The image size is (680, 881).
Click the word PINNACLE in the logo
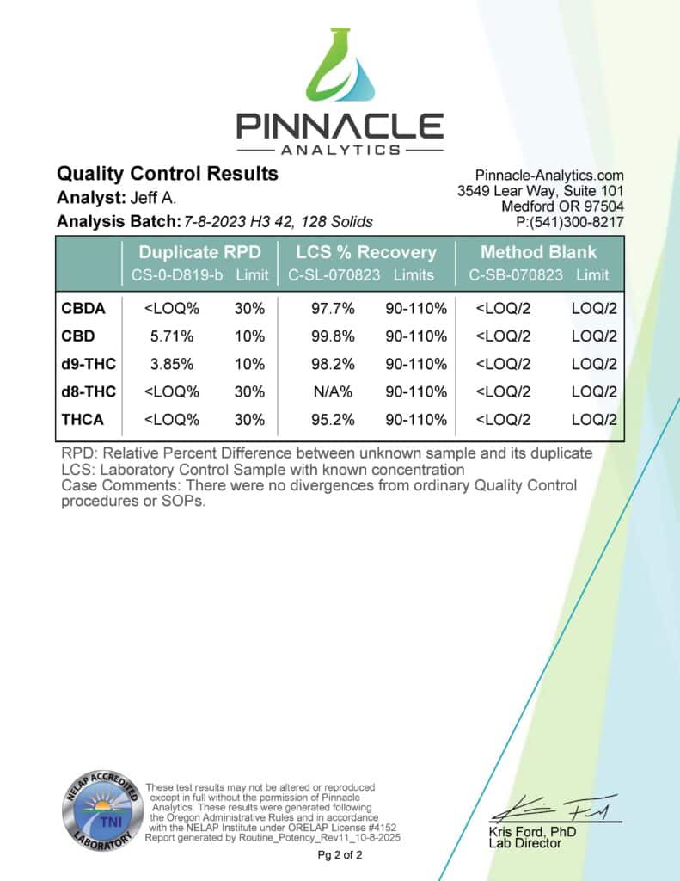pos(340,127)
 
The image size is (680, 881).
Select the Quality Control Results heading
pos(167,174)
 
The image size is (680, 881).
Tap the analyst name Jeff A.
pos(156,198)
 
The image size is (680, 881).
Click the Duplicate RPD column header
pos(199,253)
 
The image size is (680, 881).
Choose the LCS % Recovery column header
pos(366,253)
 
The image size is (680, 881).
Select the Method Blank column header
pos(538,253)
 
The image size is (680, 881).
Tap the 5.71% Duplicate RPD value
pos(162,335)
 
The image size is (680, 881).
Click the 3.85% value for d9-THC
pos(162,363)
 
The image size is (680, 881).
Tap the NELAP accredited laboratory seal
pos(101,810)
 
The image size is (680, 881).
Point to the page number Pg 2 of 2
pos(340,855)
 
